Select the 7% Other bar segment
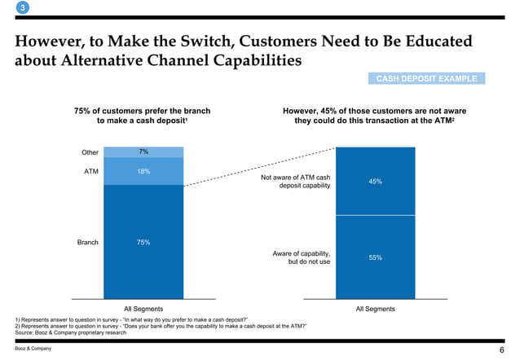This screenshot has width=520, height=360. [143, 152]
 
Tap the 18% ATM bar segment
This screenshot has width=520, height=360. [143, 171]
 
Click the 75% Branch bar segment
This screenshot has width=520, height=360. [143, 242]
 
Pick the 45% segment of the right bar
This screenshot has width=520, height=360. [375, 181]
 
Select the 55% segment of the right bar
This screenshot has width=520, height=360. [375, 257]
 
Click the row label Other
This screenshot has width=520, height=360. [90, 152]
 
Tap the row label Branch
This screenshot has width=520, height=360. [87, 242]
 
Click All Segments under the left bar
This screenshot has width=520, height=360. [143, 309]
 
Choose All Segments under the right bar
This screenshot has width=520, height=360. [375, 309]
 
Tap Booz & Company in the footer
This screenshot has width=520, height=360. [33, 349]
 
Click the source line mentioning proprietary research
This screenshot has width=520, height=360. [70, 331]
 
